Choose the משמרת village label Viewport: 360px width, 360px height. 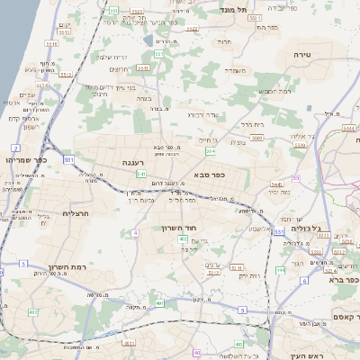(x=237, y=69)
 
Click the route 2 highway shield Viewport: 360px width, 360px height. (x=15, y=147)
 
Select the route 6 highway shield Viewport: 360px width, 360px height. (x=304, y=281)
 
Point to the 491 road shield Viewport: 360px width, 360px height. (x=160, y=303)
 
